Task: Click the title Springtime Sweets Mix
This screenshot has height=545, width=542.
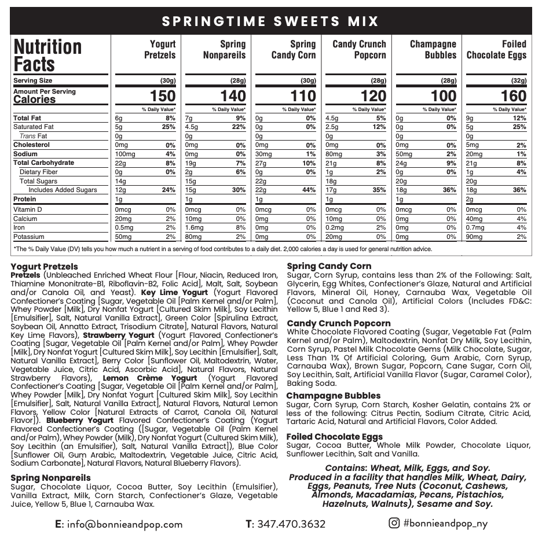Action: pyautogui.click(x=270, y=21)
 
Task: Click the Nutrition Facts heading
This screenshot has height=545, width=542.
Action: pyautogui.click(x=47, y=55)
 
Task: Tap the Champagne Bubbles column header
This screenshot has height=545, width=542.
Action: pyautogui.click(x=433, y=49)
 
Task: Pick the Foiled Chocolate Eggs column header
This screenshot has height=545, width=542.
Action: pyautogui.click(x=496, y=49)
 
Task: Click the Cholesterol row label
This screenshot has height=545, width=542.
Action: pyautogui.click(x=31, y=145)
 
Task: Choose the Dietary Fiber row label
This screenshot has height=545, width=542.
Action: pyautogui.click(x=39, y=172)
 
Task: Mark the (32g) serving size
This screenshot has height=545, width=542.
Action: pyautogui.click(x=518, y=80)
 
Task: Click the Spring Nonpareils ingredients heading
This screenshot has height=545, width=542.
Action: pyautogui.click(x=50, y=478)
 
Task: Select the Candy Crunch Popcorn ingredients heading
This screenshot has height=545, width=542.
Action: pyautogui.click(x=339, y=323)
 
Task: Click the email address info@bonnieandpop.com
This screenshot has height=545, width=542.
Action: pyautogui.click(x=124, y=525)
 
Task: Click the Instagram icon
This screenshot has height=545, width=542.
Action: pyautogui.click(x=394, y=523)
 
